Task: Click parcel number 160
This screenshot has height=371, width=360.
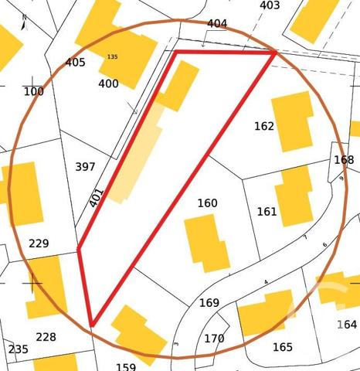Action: pos(207,203)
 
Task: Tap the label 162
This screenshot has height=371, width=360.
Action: pos(264,126)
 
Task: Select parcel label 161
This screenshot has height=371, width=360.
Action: pos(267,212)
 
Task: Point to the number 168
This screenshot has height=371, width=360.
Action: pos(344,160)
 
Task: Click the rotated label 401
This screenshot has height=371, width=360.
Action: pos(97,198)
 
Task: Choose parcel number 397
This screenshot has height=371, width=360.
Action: pos(86,167)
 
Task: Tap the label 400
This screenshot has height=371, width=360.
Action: pos(108,83)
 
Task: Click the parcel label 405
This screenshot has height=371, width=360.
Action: pos(75,63)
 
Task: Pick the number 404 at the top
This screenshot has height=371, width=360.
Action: pos(217,24)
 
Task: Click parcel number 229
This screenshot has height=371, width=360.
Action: pos(39,243)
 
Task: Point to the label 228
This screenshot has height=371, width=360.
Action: pos(46,337)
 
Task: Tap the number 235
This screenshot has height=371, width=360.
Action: pos(18,349)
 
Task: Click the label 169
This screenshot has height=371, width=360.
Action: pos(209,302)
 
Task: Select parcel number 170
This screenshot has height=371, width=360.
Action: pos(214,339)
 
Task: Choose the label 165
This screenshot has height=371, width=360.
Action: pos(283,347)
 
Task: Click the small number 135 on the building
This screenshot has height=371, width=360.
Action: pos(113,57)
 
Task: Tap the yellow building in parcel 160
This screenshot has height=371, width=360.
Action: pos(206,241)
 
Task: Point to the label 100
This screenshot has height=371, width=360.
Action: pos(34,92)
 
